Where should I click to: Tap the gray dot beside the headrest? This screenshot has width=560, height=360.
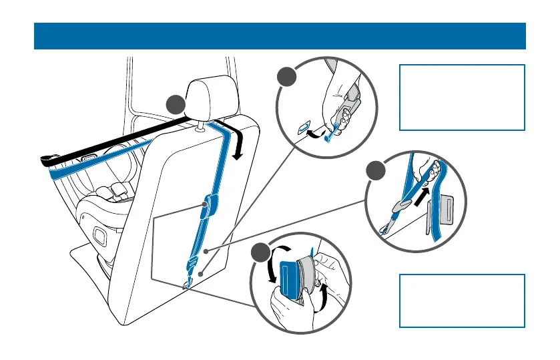(x=176, y=105)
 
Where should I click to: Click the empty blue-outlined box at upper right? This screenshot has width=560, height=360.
(x=462, y=98)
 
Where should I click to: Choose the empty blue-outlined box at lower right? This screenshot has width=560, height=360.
(x=462, y=300)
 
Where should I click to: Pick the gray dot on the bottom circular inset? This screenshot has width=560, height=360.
(x=262, y=254)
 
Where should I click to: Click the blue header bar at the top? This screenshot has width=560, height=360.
(x=280, y=36)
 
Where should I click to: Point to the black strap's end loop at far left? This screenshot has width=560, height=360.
(x=48, y=160)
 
